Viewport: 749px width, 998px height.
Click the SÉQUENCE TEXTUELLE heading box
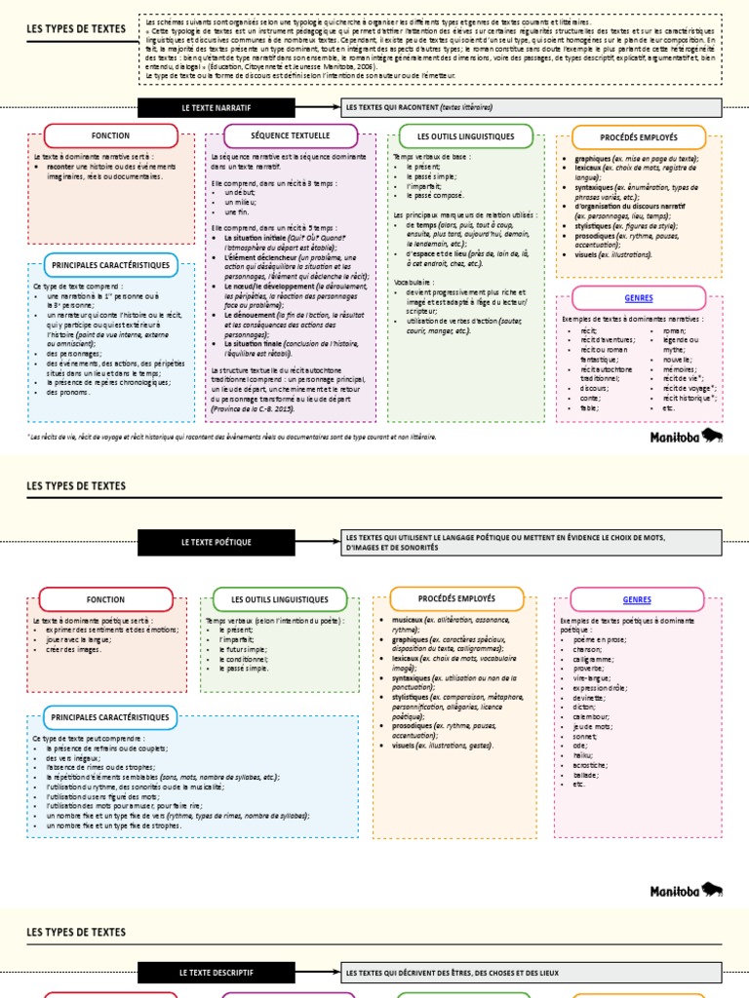coord(291,135)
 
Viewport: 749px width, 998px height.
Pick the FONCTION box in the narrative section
coord(110,135)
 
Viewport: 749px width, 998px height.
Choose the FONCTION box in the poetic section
coord(105,599)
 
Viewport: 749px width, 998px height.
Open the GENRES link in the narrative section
coord(639,298)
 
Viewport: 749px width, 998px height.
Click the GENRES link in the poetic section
coord(637,599)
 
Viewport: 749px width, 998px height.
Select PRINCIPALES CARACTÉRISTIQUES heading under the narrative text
coord(110,264)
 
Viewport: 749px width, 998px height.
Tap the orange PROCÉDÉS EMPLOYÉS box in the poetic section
coord(456,598)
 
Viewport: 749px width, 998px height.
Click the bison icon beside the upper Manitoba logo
coord(713,436)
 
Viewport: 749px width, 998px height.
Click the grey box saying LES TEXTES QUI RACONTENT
coord(532,107)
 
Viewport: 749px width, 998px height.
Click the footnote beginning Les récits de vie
coord(234,437)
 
